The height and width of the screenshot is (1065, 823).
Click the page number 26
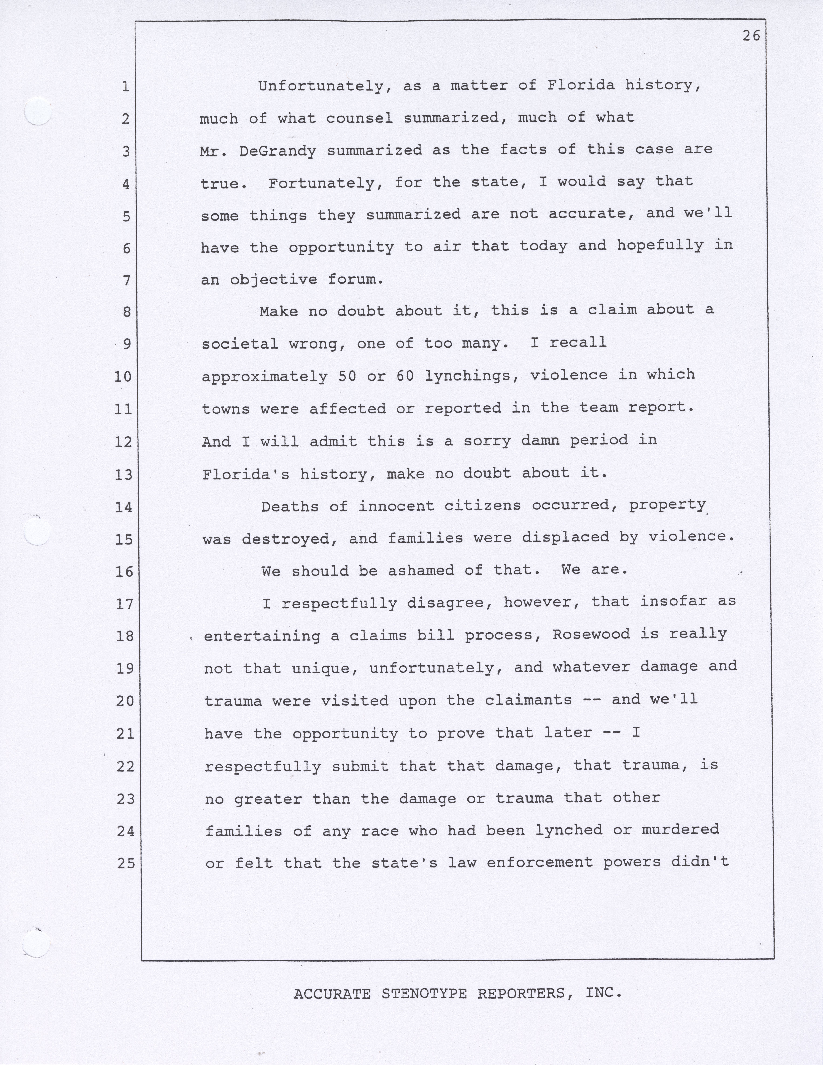pyautogui.click(x=751, y=36)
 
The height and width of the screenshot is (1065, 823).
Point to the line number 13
pyautogui.click(x=123, y=475)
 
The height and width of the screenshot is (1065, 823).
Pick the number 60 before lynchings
pyautogui.click(x=405, y=376)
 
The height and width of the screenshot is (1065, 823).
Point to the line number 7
pyautogui.click(x=126, y=280)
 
